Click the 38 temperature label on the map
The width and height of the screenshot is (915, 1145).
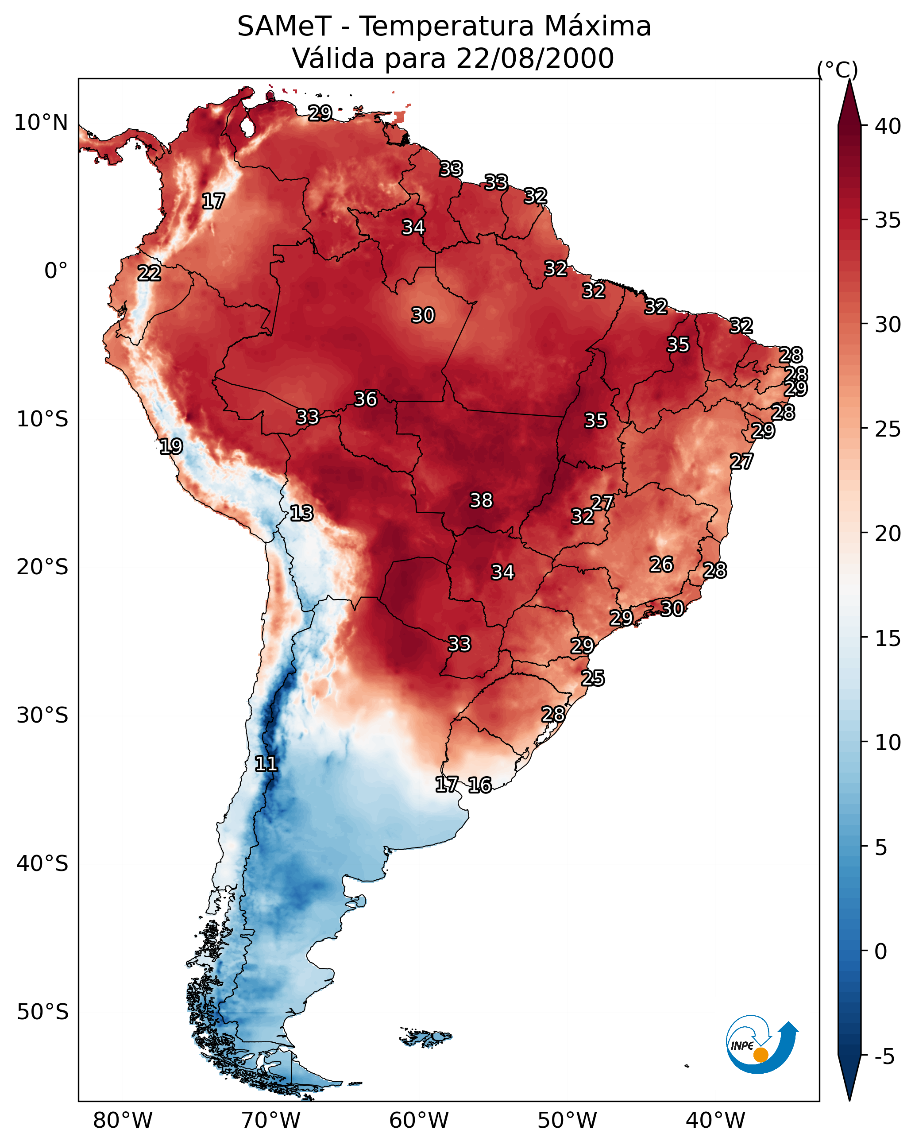click(x=481, y=500)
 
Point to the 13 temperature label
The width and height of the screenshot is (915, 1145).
click(x=301, y=513)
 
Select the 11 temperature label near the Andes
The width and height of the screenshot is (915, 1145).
click(x=266, y=764)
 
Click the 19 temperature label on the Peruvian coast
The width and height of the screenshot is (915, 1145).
click(x=171, y=446)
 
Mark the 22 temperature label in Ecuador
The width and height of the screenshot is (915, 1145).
click(x=149, y=273)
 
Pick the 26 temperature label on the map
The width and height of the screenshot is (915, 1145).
click(x=661, y=565)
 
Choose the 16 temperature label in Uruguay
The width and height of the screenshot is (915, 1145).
click(x=480, y=785)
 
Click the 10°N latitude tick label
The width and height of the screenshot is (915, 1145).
click(x=41, y=123)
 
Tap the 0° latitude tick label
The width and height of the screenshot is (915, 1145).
click(x=56, y=271)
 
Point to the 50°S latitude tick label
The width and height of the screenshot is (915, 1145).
click(x=42, y=1012)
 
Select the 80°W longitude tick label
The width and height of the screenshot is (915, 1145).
click(x=123, y=1121)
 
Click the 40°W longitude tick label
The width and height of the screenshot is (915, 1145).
click(x=715, y=1121)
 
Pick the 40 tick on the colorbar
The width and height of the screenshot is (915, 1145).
click(x=888, y=126)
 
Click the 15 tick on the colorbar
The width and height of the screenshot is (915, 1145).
click(x=888, y=638)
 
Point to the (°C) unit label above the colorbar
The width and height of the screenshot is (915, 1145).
click(x=838, y=70)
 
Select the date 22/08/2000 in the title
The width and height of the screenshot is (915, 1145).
click(x=535, y=58)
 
